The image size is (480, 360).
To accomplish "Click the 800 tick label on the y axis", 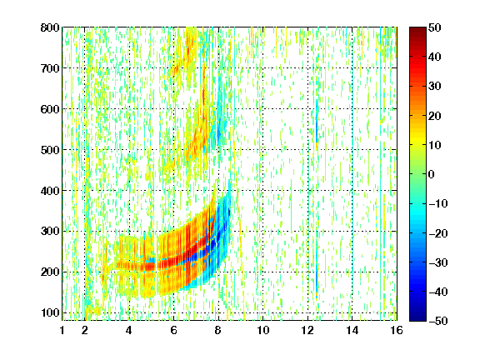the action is (x=50, y=27).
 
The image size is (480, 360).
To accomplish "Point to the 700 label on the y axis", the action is (x=50, y=68).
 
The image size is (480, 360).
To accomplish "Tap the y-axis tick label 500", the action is (x=50, y=150).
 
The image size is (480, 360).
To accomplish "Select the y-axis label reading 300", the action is (x=50, y=231).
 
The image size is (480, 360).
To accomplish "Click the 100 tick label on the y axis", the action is (x=50, y=312).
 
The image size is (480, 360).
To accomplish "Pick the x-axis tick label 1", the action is (x=62, y=330).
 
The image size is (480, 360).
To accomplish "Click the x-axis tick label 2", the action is (x=85, y=330).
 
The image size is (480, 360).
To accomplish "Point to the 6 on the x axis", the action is (x=173, y=330).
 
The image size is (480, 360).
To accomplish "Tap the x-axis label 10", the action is (x=263, y=330).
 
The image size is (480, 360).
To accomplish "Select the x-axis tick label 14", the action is (x=352, y=330).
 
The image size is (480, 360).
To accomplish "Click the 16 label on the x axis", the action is (x=397, y=330).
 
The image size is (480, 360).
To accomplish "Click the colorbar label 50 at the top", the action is (x=434, y=27).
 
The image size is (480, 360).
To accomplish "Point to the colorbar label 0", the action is (x=431, y=174).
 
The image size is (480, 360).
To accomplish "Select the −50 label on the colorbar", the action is (x=438, y=321).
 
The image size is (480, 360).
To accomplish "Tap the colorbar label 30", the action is (x=434, y=87).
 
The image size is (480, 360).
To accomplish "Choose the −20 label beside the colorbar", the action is (x=438, y=233).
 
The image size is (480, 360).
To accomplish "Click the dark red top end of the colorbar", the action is (x=417, y=29).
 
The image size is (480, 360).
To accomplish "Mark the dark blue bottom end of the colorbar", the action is (x=417, y=319).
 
